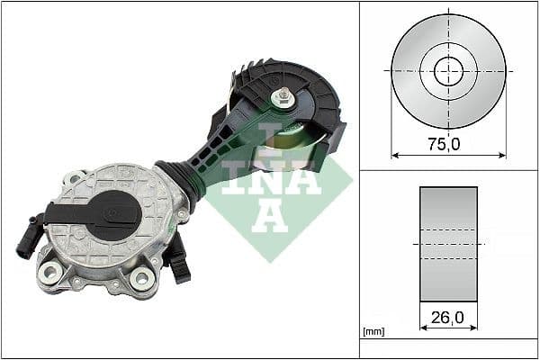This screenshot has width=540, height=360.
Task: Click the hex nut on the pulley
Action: pos(283,98)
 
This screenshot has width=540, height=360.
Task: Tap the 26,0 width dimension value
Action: pos(447,318)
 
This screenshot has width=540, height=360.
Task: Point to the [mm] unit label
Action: pos(373,332)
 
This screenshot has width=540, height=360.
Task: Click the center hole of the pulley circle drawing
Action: pos(448,70)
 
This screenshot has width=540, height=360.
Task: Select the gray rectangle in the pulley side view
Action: pos(448,243)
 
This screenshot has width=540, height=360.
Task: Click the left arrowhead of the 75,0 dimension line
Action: pos(394,154)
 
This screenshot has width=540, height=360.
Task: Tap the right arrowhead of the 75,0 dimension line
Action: pos(502,154)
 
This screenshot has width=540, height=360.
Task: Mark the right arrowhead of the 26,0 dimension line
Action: pos(474,329)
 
